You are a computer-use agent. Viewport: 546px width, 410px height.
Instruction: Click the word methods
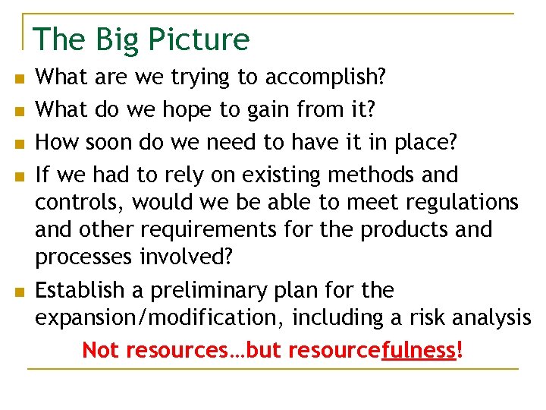[x=374, y=175]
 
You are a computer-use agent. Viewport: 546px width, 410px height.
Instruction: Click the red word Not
[x=101, y=350]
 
